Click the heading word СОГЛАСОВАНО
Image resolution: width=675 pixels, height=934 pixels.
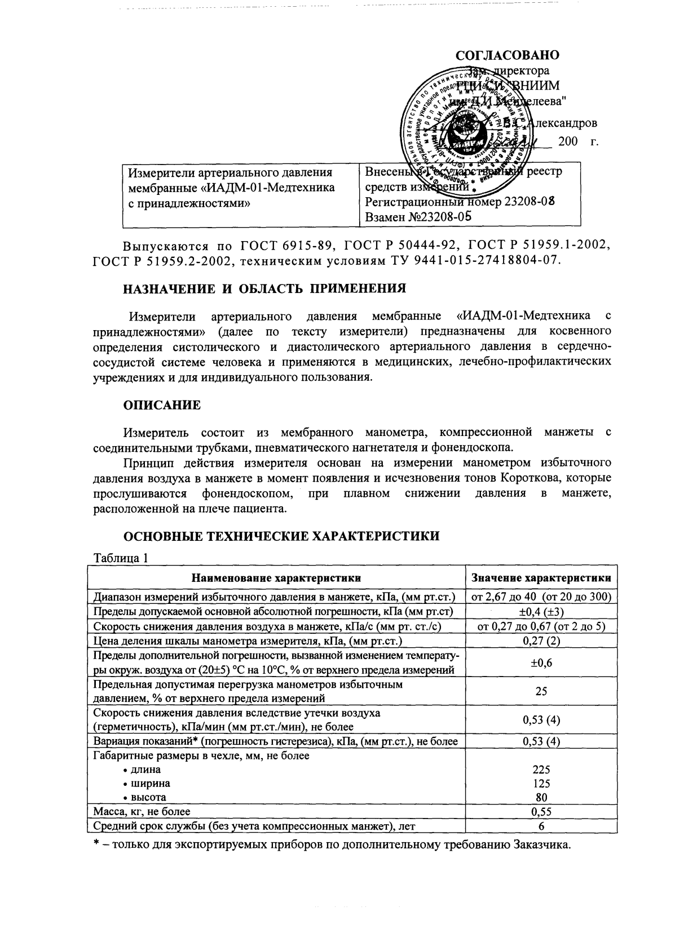click(x=508, y=56)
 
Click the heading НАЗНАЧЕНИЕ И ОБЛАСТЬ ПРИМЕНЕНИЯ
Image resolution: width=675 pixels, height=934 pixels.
click(x=264, y=289)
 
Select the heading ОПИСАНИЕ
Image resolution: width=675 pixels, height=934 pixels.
click(x=162, y=405)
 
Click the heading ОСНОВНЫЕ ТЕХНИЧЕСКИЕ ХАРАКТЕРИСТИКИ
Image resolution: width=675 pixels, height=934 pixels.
click(x=281, y=536)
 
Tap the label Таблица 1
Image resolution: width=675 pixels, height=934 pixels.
click(x=121, y=558)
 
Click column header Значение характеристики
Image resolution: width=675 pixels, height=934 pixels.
click(x=541, y=578)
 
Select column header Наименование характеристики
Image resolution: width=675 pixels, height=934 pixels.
click(x=276, y=578)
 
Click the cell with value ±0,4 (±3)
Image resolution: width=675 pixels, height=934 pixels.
click(x=541, y=612)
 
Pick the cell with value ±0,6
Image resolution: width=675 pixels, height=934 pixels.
click(x=541, y=663)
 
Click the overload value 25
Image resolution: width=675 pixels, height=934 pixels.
click(x=541, y=691)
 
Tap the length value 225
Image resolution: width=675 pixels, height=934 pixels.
click(x=541, y=770)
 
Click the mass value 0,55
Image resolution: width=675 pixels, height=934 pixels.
click(x=541, y=812)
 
